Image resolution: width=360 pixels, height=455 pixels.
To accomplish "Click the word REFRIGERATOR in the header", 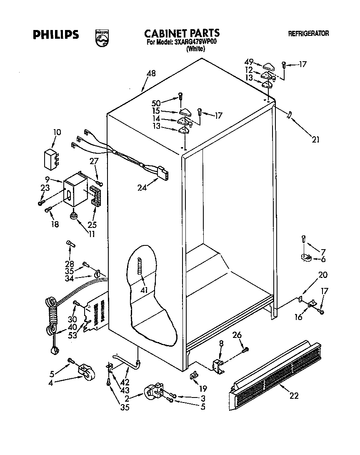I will pyautogui.click(x=308, y=34).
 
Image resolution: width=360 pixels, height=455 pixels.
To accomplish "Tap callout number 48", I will pyautogui.click(x=151, y=74).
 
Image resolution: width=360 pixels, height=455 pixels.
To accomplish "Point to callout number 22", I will pyautogui.click(x=294, y=396).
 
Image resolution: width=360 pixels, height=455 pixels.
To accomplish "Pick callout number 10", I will pyautogui.click(x=57, y=132).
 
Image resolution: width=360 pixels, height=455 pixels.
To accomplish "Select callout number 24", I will pyautogui.click(x=142, y=187).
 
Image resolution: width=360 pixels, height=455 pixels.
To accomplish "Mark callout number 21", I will pyautogui.click(x=315, y=140).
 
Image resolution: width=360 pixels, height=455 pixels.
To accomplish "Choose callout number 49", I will pyautogui.click(x=249, y=62).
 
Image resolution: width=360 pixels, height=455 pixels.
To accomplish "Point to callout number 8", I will pyautogui.click(x=221, y=343).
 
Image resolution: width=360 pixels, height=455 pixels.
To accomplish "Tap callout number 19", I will pyautogui.click(x=203, y=388).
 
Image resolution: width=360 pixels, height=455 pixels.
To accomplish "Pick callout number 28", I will pyautogui.click(x=70, y=263).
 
